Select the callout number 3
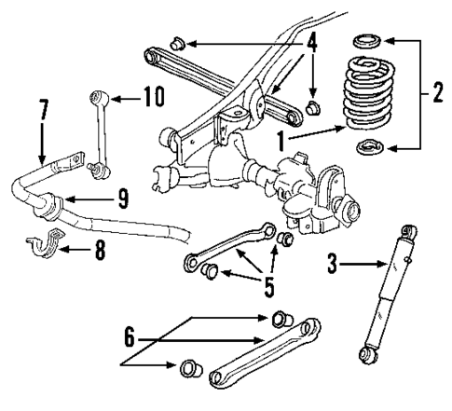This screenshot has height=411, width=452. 334,265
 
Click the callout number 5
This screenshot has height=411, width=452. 269,286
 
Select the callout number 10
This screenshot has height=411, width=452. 149,95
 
